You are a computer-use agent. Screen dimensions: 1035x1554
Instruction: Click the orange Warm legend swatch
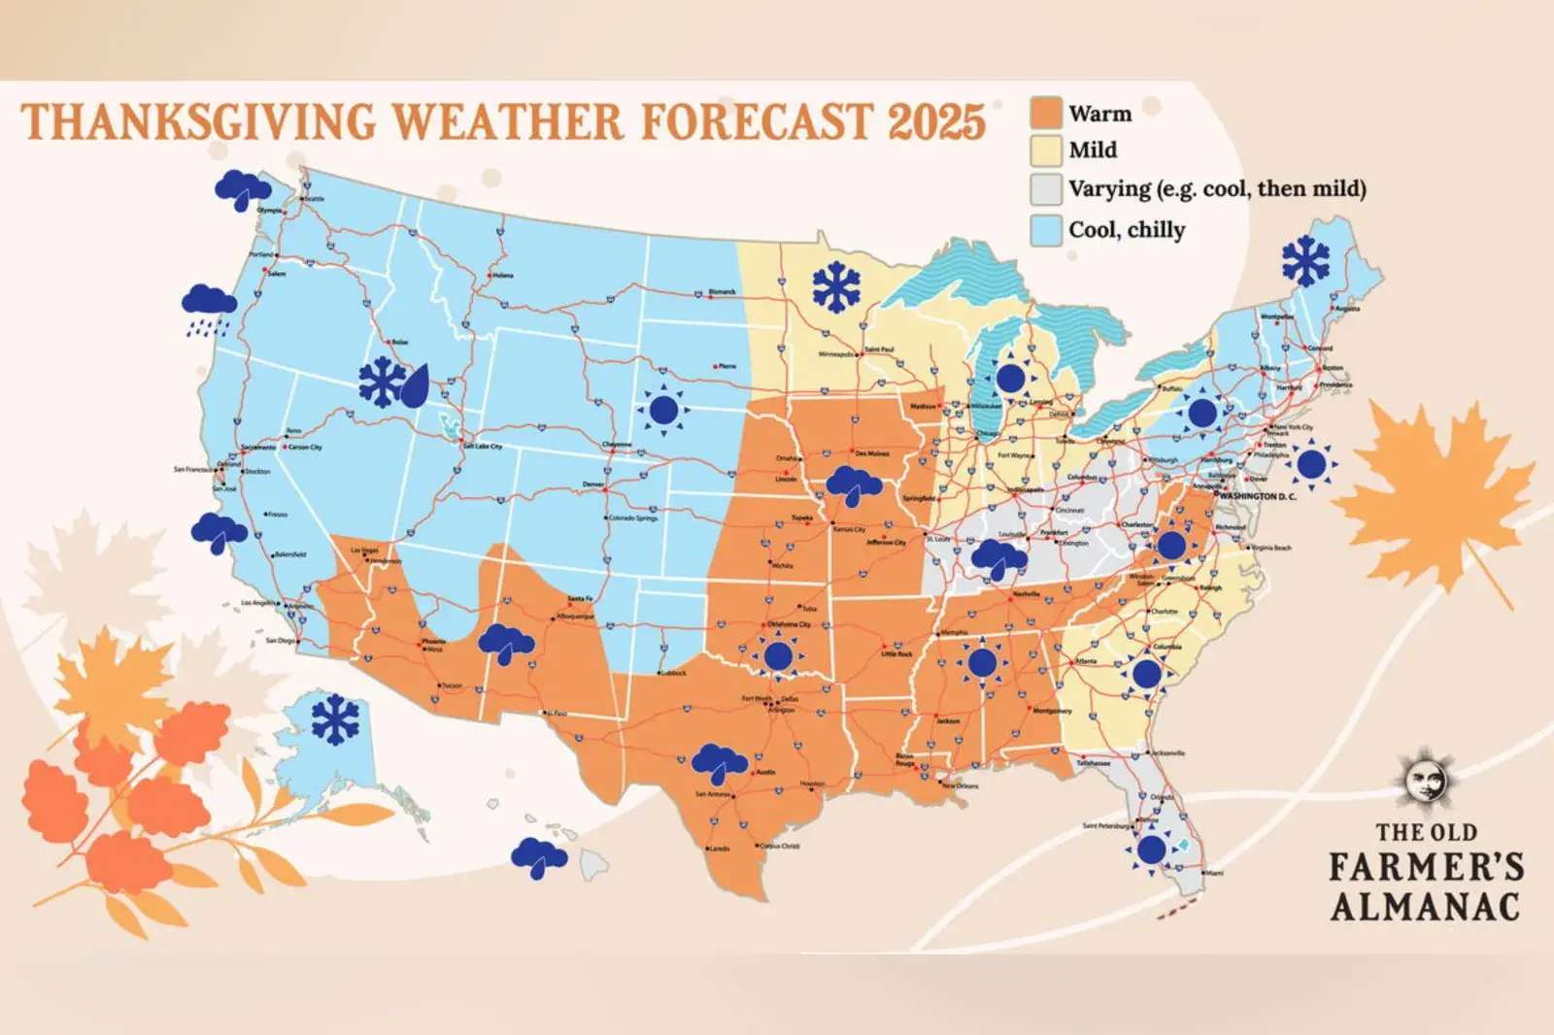click(x=1046, y=113)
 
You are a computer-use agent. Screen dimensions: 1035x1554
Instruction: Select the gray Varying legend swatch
click(x=1046, y=189)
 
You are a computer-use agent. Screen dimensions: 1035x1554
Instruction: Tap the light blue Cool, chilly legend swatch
click(x=1046, y=230)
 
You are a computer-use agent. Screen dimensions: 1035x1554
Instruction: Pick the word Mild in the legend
click(x=1093, y=150)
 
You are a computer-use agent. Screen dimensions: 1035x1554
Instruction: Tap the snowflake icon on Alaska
click(x=335, y=719)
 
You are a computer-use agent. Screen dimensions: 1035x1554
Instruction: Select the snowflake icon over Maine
click(x=1305, y=260)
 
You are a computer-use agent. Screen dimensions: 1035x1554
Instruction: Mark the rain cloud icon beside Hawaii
click(x=539, y=857)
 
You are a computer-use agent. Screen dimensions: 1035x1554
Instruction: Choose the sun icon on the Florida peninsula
click(x=1151, y=850)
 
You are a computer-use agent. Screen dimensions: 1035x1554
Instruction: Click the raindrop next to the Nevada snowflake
click(x=415, y=385)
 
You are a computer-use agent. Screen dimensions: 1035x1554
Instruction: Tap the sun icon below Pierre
click(x=664, y=411)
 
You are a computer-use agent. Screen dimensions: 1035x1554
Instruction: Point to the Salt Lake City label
click(x=482, y=447)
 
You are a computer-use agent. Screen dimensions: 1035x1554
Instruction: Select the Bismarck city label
click(x=722, y=291)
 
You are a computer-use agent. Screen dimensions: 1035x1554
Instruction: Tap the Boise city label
click(x=400, y=342)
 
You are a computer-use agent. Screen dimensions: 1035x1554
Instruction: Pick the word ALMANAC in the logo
click(x=1425, y=907)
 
